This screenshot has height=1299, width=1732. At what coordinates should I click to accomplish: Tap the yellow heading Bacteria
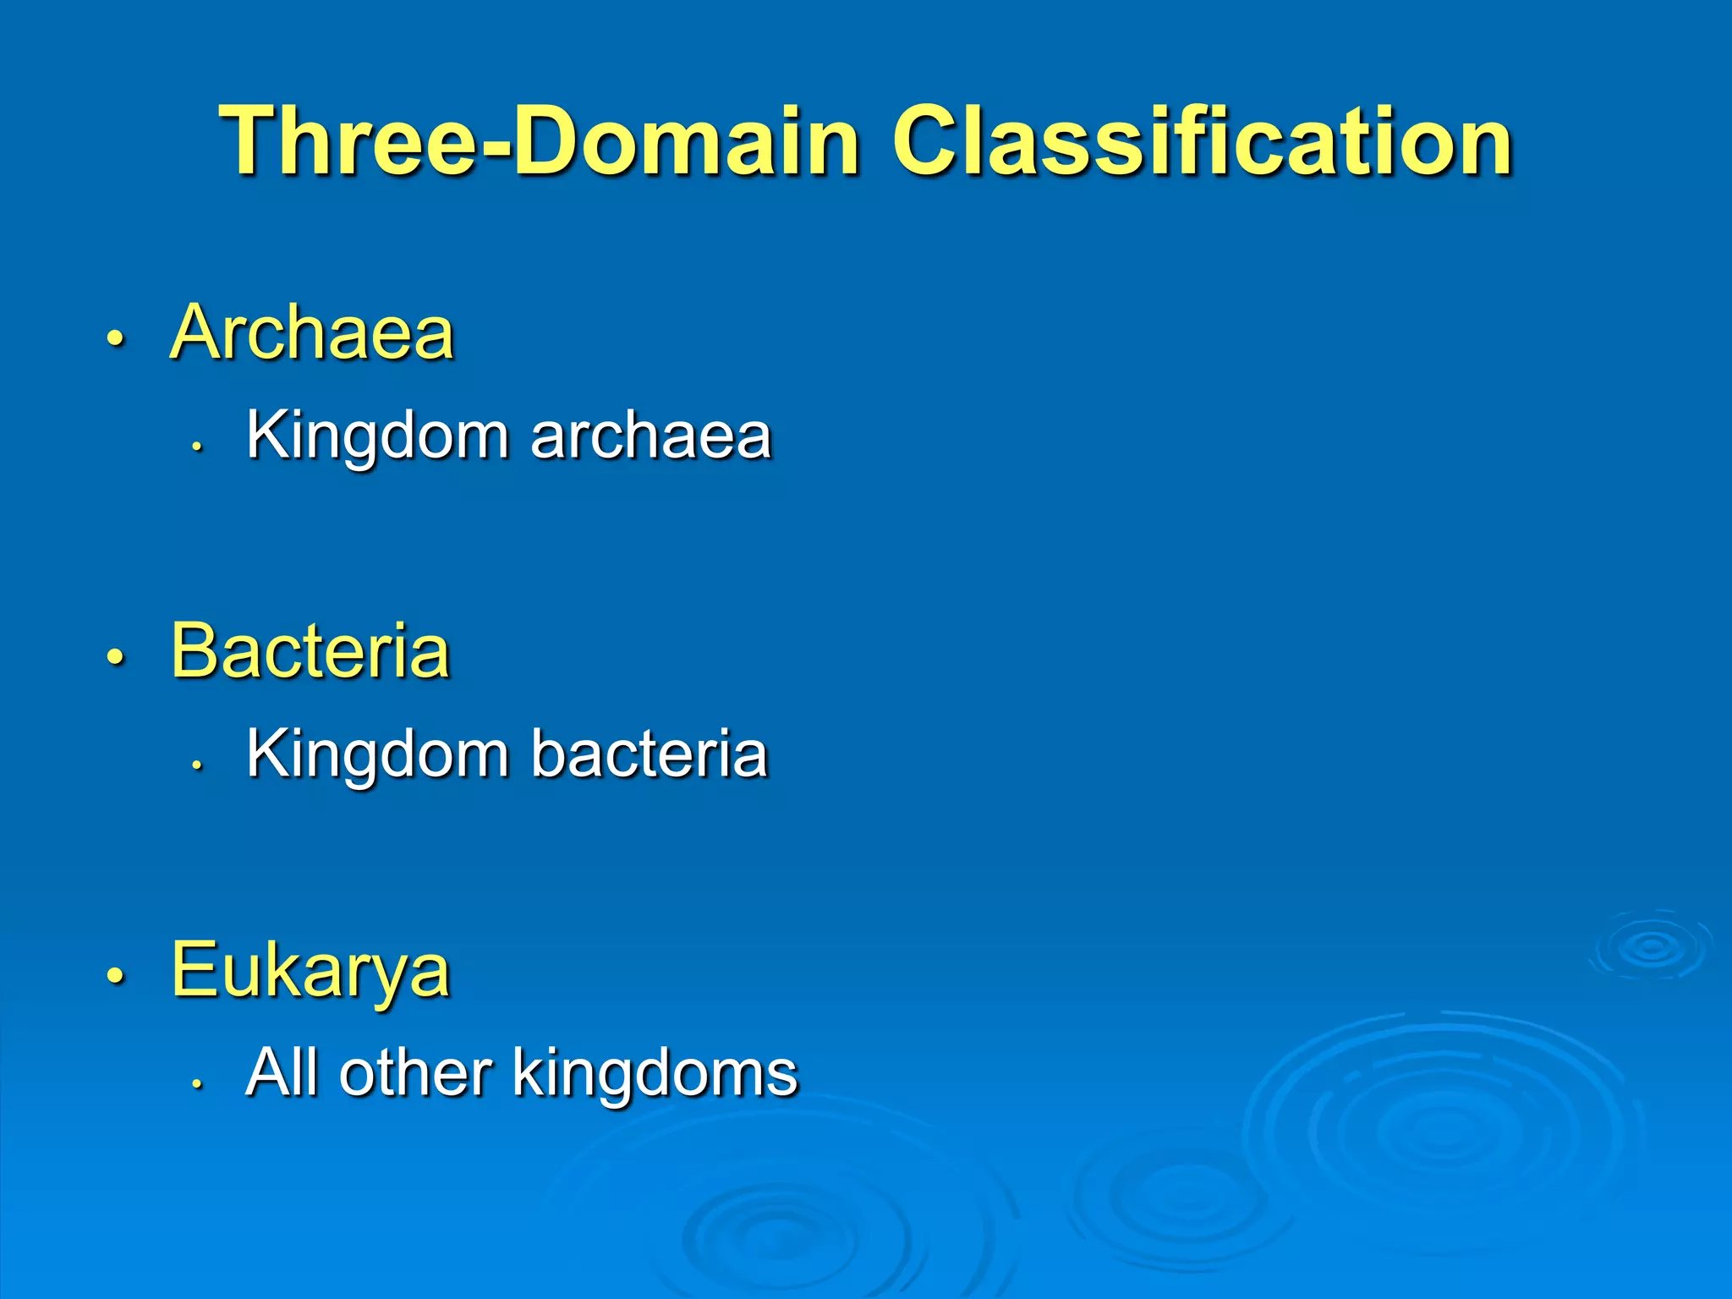[x=310, y=650]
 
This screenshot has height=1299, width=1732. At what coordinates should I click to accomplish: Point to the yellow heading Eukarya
[x=310, y=970]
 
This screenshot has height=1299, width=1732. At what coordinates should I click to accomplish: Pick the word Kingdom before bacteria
[x=377, y=754]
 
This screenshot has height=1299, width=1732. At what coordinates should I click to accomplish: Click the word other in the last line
[x=415, y=1072]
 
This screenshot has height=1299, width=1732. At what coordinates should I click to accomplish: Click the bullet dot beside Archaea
[x=116, y=338]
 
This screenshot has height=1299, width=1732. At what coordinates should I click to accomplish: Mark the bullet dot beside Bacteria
[x=116, y=656]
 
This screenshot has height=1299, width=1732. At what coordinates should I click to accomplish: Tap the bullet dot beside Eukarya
[x=116, y=975]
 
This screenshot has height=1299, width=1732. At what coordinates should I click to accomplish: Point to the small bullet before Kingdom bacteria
[x=197, y=764]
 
